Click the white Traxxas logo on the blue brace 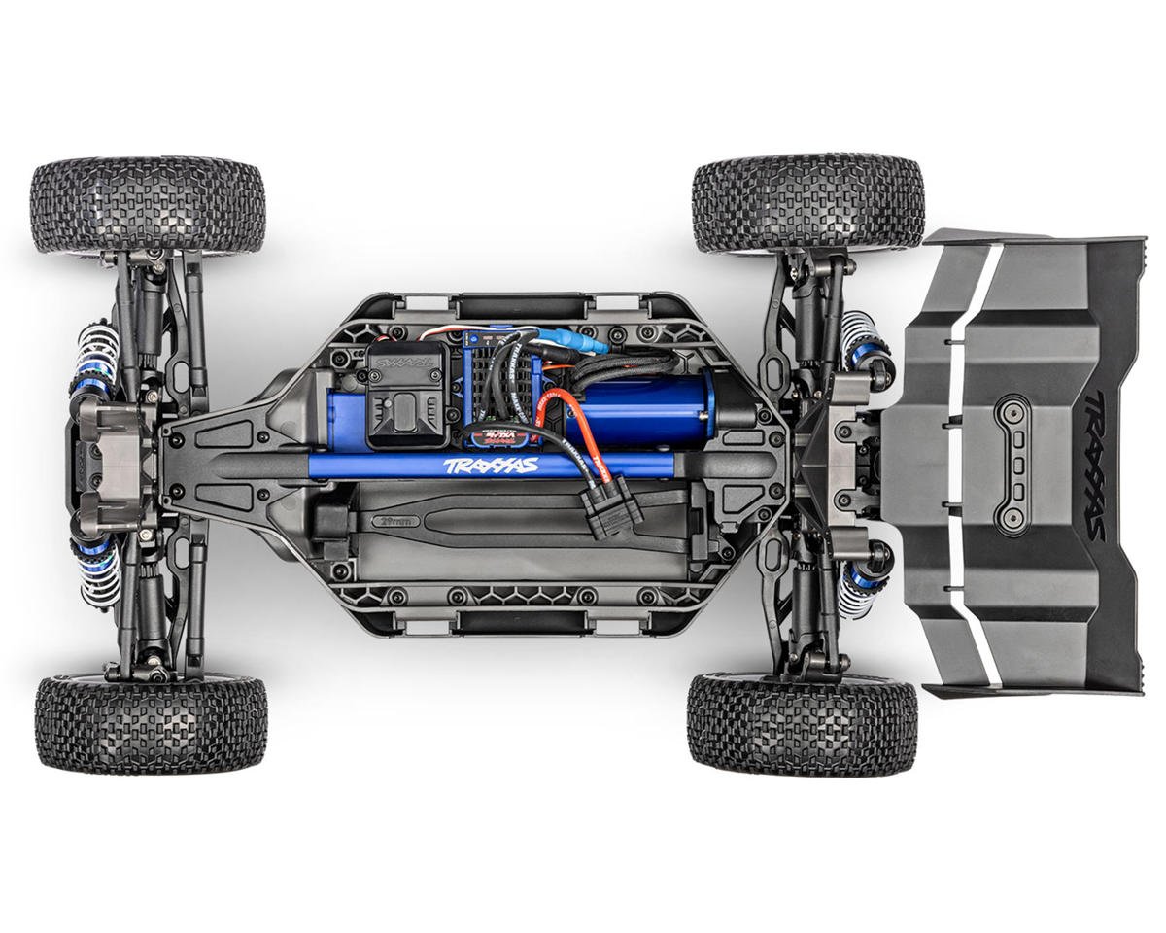[x=491, y=466]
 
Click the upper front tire [x=148, y=205]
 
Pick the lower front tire [x=151, y=723]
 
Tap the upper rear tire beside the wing [x=807, y=200]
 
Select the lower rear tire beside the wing [x=802, y=723]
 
